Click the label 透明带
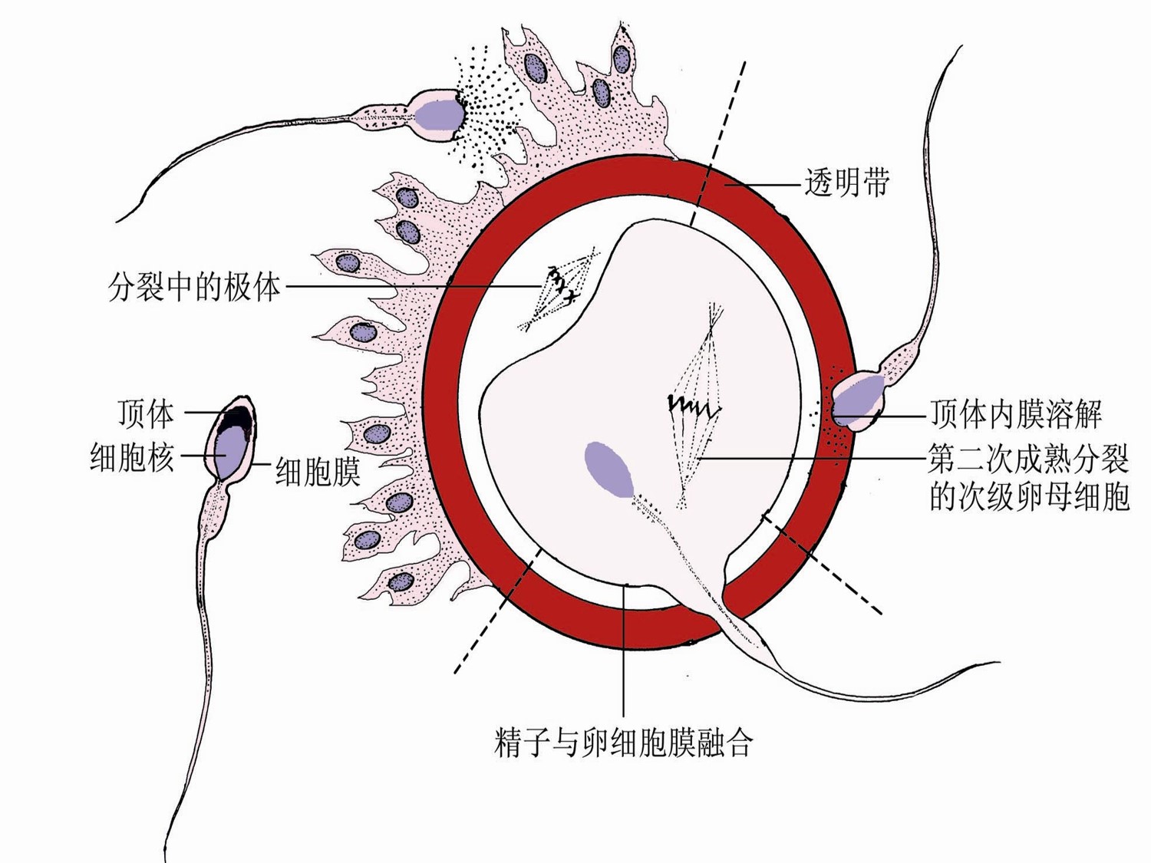[x=846, y=184]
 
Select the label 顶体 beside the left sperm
[x=146, y=413]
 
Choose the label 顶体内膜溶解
[x=1016, y=414]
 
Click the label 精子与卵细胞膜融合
[x=623, y=742]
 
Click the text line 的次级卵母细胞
[x=1028, y=496]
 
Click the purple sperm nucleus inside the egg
[x=609, y=468]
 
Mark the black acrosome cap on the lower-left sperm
[x=236, y=419]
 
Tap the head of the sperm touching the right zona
[x=858, y=399]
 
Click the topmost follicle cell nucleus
[x=621, y=58]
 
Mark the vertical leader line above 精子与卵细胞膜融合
[x=624, y=652]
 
